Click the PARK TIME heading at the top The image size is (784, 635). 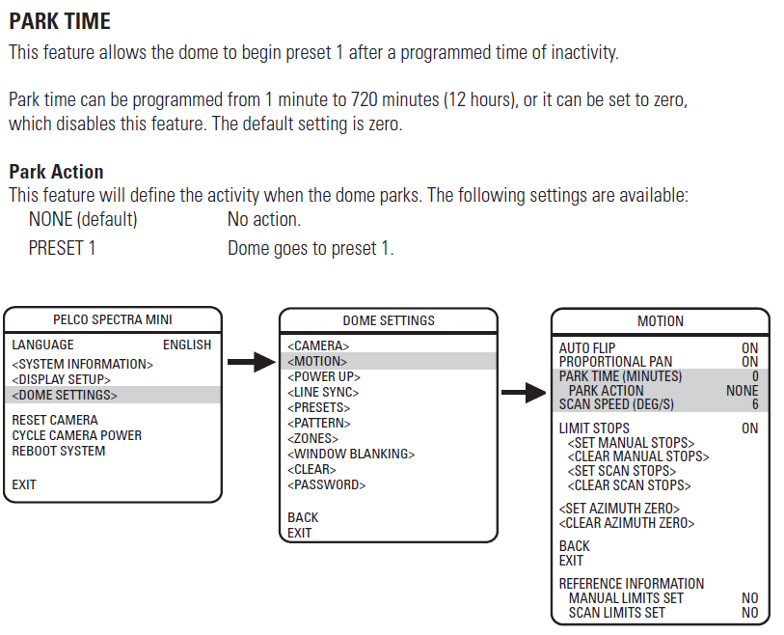60,20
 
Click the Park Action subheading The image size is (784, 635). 56,172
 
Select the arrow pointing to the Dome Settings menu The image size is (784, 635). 252,362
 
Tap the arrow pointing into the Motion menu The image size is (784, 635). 524,392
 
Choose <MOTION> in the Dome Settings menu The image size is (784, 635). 317,361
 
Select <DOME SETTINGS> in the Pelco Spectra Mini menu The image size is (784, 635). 65,395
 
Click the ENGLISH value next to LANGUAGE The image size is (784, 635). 187,345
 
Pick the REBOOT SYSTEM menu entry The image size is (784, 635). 59,451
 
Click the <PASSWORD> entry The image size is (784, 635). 327,485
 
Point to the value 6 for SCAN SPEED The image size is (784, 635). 754,404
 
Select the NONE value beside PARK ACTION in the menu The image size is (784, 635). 742,391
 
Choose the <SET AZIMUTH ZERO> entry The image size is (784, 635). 619,509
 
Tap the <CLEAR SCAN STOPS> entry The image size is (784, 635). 630,485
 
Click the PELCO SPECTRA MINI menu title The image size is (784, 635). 113,320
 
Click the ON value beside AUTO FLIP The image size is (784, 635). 749,348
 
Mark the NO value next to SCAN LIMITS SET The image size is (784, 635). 749,613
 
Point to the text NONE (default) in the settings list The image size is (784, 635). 83,219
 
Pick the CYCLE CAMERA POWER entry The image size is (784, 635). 77,435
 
